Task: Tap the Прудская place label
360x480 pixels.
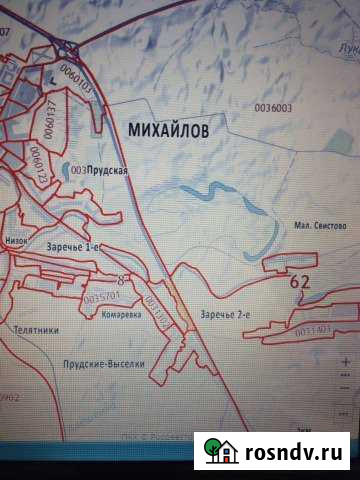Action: pos(107,171)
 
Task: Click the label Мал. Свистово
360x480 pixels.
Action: pos(320,227)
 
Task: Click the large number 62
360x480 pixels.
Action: pos(299,283)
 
